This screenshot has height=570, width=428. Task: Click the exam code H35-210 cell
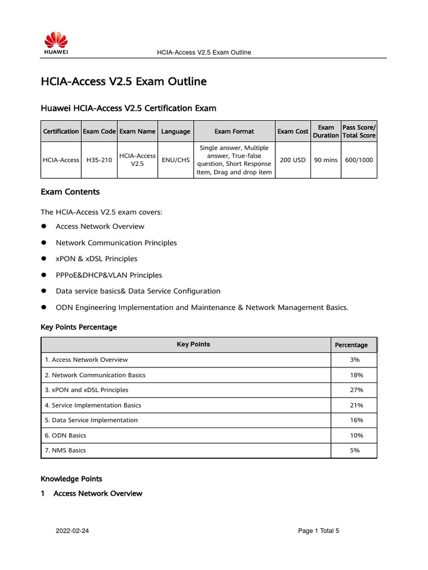click(99, 160)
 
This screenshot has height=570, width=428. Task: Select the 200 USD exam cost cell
click(293, 160)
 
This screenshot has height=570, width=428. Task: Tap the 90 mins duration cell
click(325, 160)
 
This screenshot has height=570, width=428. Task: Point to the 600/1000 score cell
click(359, 160)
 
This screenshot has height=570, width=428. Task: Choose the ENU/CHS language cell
click(176, 160)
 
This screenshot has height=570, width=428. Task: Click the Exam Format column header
click(234, 131)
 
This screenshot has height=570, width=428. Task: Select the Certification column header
click(61, 131)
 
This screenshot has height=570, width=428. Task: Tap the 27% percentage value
click(354, 390)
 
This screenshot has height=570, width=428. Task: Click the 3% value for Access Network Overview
click(354, 360)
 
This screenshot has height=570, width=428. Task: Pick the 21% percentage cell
click(354, 405)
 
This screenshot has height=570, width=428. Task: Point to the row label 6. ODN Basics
click(66, 435)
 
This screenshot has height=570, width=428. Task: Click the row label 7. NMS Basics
click(66, 450)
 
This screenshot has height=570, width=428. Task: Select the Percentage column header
click(351, 345)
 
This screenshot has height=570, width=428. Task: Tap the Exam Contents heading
click(70, 192)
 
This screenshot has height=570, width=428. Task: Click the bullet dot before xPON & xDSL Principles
click(43, 259)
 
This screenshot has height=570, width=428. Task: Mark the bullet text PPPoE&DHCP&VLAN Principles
click(109, 275)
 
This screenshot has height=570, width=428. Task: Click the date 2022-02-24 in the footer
click(72, 531)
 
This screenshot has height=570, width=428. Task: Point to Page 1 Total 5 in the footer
click(318, 531)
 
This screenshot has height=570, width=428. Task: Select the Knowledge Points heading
click(71, 479)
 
